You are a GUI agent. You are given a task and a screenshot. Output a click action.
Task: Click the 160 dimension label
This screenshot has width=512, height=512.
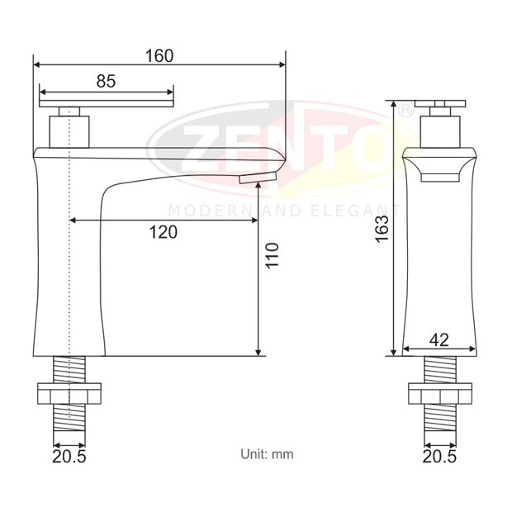pos(159,56)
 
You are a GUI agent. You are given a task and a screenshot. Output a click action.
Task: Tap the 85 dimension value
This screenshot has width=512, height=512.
pos(107,81)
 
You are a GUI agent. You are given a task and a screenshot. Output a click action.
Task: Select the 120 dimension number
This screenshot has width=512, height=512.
pos(164,232)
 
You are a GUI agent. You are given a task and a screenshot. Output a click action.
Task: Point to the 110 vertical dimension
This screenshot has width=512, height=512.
pos(272,255)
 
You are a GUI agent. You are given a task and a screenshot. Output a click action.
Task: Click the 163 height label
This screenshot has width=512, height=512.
pos(382,229)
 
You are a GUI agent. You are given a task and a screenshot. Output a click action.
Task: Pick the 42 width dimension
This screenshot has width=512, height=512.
pos(439,340)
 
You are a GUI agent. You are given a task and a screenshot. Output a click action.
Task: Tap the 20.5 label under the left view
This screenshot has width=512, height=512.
pos(69,456)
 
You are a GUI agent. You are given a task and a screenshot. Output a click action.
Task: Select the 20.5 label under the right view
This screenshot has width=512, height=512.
pos(439,456)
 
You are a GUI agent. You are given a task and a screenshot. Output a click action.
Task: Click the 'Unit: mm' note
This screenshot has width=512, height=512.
pos(267,454)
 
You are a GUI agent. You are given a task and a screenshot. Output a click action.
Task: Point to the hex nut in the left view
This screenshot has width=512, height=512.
pos(69,393)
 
